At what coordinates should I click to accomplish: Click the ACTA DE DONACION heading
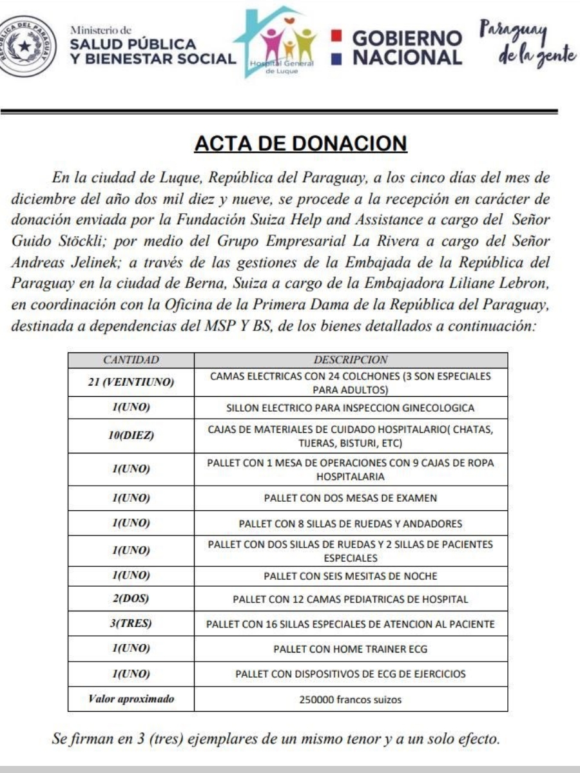[x=300, y=144]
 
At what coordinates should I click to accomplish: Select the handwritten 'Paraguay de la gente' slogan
[x=527, y=44]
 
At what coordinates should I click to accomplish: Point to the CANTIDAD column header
[x=131, y=360]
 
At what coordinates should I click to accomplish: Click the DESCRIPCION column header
[x=351, y=360]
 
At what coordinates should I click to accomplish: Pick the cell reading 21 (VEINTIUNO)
[x=131, y=383]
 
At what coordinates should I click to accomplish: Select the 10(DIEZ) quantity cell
[x=131, y=436]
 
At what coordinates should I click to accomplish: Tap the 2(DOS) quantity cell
[x=131, y=598]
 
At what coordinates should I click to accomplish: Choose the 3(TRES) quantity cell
[x=131, y=624]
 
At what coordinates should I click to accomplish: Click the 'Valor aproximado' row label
[x=131, y=699]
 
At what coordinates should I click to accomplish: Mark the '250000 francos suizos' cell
[x=351, y=699]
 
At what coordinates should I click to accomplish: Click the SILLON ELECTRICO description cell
[x=351, y=408]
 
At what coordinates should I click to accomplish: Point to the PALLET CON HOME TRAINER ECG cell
[x=351, y=649]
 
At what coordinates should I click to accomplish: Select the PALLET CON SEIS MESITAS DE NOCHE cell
[x=351, y=575]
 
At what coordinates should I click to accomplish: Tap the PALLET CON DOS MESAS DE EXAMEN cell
[x=351, y=498]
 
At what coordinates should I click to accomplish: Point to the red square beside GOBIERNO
[x=335, y=37]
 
